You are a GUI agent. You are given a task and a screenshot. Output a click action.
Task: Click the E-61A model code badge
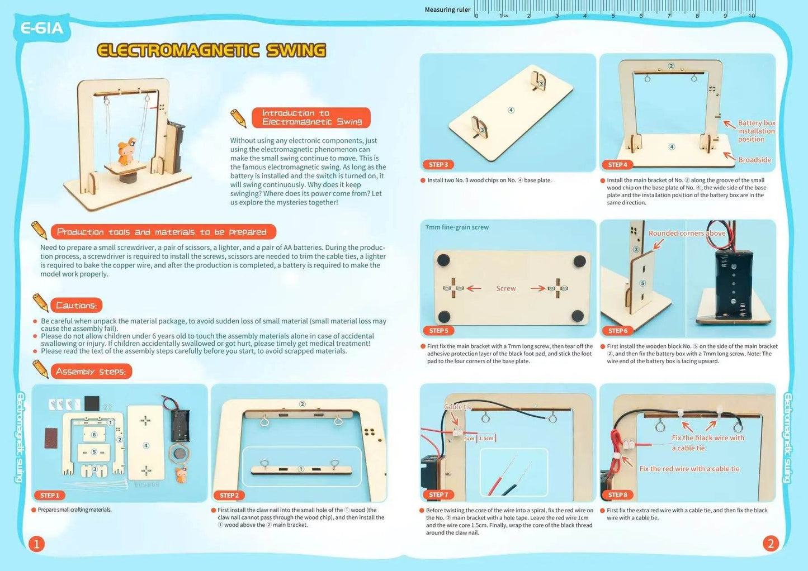42,28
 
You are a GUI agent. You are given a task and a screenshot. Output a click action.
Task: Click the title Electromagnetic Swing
211,50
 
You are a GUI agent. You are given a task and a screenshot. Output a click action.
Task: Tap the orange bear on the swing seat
124,151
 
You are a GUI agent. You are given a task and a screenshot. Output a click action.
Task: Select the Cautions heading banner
76,305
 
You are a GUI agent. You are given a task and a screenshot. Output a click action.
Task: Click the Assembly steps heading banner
91,372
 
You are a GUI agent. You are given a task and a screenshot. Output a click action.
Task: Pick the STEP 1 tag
49,495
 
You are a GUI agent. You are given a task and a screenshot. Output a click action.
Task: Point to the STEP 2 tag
229,495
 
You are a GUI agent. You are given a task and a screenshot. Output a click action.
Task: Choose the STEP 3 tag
438,165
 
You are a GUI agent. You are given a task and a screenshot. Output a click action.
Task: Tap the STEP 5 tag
438,331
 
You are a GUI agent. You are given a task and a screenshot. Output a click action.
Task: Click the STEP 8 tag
617,495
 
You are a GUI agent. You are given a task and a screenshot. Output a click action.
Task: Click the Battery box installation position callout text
756,131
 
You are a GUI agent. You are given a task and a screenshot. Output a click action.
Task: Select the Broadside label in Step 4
754,160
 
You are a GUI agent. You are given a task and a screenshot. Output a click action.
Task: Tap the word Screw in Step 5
505,288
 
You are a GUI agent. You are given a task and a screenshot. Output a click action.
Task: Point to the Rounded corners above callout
687,234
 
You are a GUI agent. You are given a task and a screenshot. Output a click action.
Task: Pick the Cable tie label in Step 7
458,407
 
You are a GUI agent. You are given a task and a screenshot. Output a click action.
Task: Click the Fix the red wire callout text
689,469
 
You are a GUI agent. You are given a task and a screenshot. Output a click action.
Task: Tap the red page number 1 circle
36,544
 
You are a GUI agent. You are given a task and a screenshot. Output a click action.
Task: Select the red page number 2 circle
771,544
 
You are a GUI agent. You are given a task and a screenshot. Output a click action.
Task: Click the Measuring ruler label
447,9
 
